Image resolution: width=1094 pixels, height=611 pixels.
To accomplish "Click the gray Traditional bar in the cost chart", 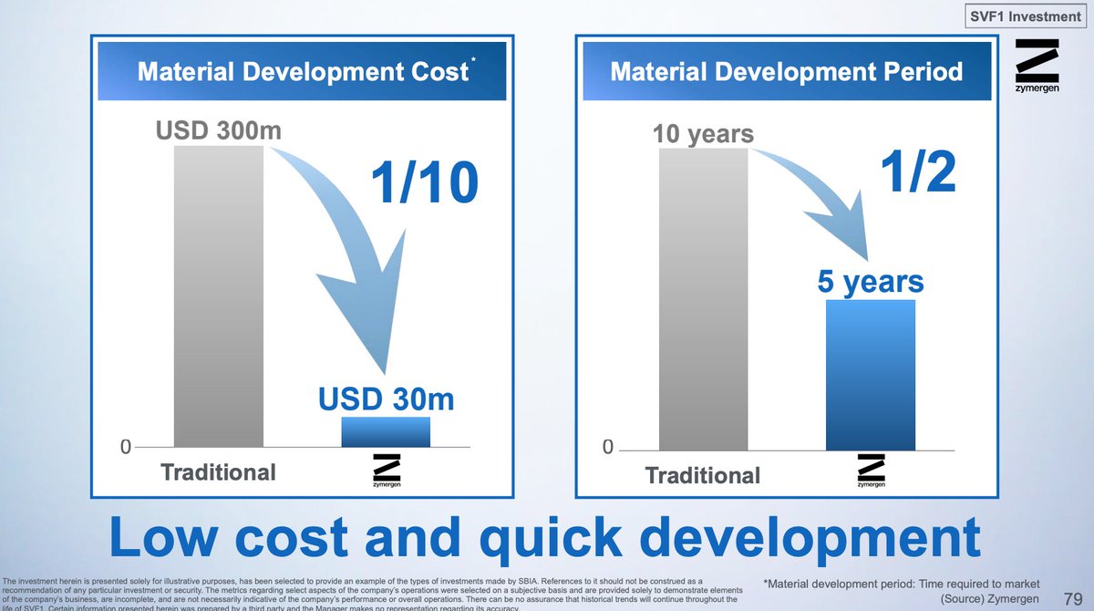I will click(x=218, y=295).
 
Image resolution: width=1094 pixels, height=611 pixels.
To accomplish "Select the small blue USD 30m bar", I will click(x=386, y=431).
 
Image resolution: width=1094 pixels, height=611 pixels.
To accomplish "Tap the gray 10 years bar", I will click(x=703, y=299).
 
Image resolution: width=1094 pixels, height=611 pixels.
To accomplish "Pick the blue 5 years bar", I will click(x=870, y=374).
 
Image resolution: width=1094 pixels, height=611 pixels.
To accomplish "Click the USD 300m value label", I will click(x=218, y=131).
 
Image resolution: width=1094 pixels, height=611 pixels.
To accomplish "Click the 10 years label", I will click(x=703, y=135).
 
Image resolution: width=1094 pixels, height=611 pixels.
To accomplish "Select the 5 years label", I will click(x=870, y=281).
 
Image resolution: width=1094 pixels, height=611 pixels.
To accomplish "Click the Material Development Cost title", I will click(x=303, y=72).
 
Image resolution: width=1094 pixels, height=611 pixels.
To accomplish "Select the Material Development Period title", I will click(x=786, y=72).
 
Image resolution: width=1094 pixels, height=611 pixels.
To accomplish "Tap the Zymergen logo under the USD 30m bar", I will click(x=387, y=471).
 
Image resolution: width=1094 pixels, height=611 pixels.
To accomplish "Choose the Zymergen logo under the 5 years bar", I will click(x=871, y=471).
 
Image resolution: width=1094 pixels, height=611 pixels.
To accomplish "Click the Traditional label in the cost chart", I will click(x=218, y=472).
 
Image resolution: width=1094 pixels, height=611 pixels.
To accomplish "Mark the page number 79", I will click(x=1072, y=598).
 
